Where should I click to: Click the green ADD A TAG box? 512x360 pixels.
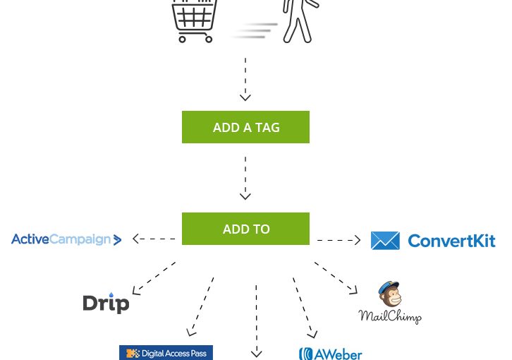pyautogui.click(x=245, y=127)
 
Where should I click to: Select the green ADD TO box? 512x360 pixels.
pyautogui.click(x=245, y=229)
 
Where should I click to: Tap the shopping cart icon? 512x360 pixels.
pyautogui.click(x=194, y=21)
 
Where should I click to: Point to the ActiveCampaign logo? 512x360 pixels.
pyautogui.click(x=66, y=240)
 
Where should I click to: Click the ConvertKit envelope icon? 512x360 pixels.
pyautogui.click(x=385, y=241)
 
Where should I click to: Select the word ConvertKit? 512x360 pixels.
pyautogui.click(x=451, y=241)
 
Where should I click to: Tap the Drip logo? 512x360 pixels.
pyautogui.click(x=106, y=304)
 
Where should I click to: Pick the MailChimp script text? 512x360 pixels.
pyautogui.click(x=389, y=316)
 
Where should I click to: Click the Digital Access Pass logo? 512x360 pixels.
pyautogui.click(x=166, y=352)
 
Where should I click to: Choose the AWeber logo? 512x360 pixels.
pyautogui.click(x=330, y=353)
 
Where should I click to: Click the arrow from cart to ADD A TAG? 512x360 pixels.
pyautogui.click(x=245, y=79)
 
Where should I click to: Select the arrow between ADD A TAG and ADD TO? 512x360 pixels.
pyautogui.click(x=245, y=178)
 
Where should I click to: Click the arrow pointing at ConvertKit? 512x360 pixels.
pyautogui.click(x=339, y=240)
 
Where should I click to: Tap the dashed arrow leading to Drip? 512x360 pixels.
pyautogui.click(x=154, y=277)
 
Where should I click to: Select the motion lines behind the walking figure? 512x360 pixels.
pyautogui.click(x=255, y=30)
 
